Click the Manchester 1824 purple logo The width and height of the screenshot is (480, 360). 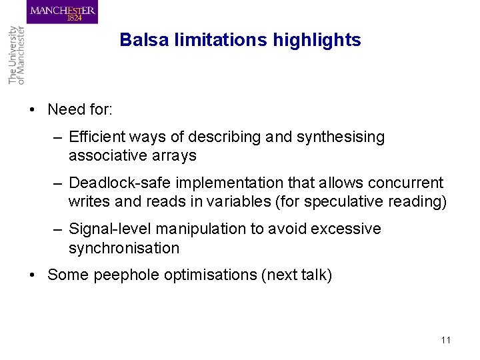[63, 12]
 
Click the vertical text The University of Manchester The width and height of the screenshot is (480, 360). [16, 55]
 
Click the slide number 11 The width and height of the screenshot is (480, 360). [445, 340]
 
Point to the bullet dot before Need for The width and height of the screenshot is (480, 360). [33, 110]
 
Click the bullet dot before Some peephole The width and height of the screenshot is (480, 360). [33, 275]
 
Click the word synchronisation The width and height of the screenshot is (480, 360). [123, 248]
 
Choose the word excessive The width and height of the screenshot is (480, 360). [349, 229]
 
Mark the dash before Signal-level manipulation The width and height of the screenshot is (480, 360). [59, 229]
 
